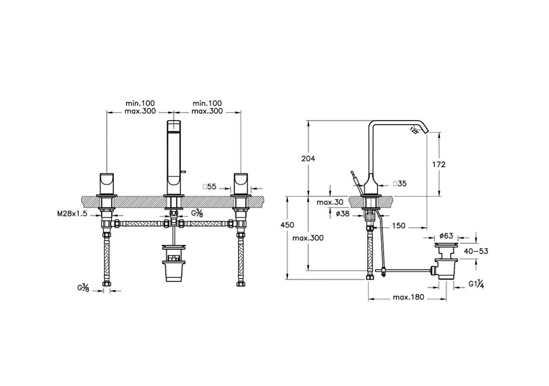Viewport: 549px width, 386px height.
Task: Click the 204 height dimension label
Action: [308, 158]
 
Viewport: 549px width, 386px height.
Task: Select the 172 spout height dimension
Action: [439, 164]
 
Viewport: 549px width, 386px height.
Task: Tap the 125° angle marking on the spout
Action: [414, 130]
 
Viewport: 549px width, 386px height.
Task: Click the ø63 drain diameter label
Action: [446, 235]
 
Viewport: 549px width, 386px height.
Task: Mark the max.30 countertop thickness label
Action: [331, 202]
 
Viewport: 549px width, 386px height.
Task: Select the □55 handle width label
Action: [210, 187]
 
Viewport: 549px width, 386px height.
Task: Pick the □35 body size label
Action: [400, 184]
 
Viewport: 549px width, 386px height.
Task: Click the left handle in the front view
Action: [106, 183]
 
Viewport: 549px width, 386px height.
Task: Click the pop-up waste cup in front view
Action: [173, 268]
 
